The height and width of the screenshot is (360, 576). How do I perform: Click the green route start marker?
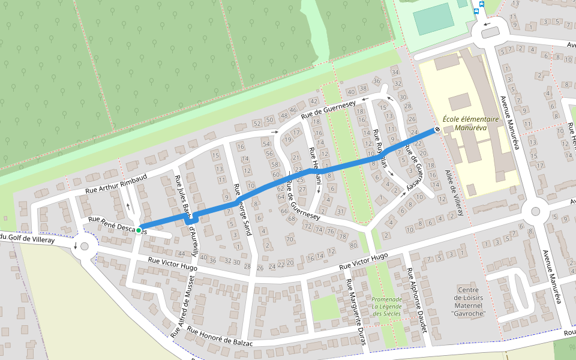click(139, 230)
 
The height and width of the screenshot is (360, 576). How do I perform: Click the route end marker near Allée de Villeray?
click(437, 129)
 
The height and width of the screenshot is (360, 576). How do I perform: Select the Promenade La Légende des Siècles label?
click(386, 307)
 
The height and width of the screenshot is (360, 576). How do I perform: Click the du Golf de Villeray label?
click(27, 239)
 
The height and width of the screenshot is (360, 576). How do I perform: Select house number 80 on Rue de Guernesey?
click(353, 245)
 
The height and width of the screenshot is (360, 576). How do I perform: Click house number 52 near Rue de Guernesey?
click(257, 124)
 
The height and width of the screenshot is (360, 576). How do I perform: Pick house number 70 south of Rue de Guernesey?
click(289, 239)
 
